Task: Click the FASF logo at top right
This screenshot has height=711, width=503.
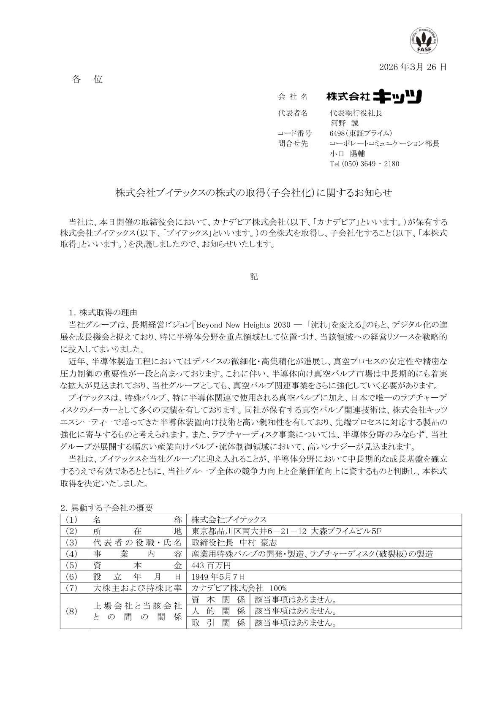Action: click(x=423, y=40)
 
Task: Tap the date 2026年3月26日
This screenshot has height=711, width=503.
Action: click(x=412, y=67)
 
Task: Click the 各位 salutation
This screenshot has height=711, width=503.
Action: click(x=87, y=79)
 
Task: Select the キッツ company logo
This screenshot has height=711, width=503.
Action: click(x=374, y=97)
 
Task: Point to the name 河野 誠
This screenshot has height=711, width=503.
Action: click(x=344, y=123)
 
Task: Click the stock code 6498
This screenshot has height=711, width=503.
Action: click(x=337, y=133)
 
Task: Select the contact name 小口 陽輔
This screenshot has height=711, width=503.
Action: click(x=347, y=154)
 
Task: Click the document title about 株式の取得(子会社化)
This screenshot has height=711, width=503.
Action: click(x=254, y=193)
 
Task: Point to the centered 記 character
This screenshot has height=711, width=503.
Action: click(x=254, y=277)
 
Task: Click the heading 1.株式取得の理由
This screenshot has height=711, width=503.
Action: click(x=103, y=313)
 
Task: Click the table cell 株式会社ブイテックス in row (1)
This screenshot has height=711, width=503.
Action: click(x=229, y=519)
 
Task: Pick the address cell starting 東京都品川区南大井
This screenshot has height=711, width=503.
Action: click(x=286, y=531)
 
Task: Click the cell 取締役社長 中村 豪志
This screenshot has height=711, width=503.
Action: click(x=234, y=543)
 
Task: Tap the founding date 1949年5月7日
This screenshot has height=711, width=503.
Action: click(x=218, y=577)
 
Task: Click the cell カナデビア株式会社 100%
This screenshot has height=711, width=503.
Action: click(x=239, y=588)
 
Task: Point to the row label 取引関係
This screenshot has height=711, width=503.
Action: click(x=218, y=623)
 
